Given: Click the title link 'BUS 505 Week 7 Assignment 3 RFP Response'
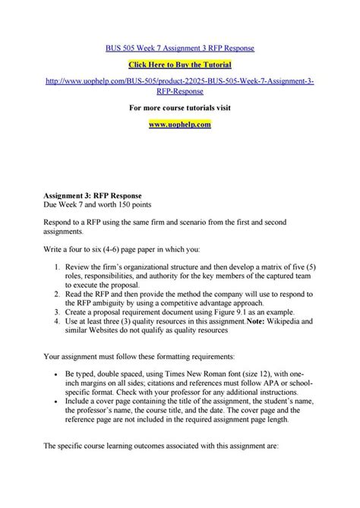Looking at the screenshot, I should tap(180, 47).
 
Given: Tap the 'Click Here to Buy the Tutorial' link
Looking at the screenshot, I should tap(180, 66).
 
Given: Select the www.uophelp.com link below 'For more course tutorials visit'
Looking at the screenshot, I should tap(180, 123).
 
